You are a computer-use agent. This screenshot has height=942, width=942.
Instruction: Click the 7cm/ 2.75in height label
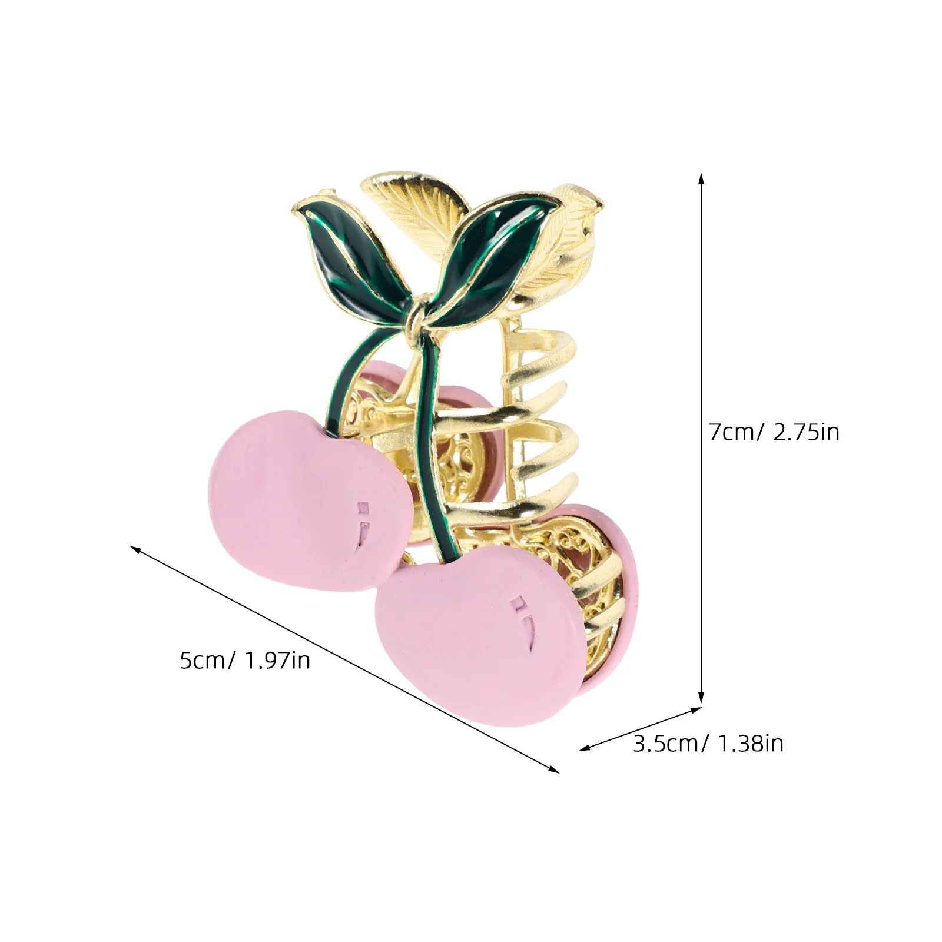[774, 433]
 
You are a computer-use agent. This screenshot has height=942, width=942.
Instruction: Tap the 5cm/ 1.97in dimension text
[245, 661]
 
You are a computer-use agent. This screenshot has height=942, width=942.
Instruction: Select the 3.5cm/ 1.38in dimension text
[708, 744]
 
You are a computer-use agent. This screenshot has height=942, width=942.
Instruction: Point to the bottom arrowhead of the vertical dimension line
[701, 699]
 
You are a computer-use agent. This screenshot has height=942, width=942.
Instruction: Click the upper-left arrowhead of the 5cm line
[135, 549]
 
